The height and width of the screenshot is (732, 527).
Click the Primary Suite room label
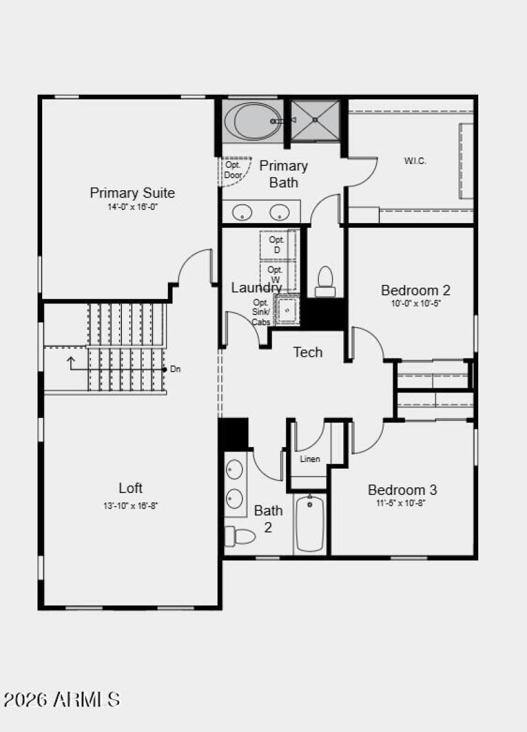click(132, 193)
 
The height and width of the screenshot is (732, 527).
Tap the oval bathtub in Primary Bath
click(251, 120)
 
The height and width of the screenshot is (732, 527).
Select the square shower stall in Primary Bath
click(316, 120)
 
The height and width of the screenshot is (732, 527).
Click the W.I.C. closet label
click(415, 161)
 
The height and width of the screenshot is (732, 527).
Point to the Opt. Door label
click(233, 170)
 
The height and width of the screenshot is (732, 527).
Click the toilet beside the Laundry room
click(325, 280)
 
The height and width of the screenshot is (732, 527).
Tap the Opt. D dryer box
click(277, 245)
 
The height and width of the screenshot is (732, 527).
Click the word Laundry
click(256, 288)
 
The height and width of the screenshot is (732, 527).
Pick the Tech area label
click(308, 352)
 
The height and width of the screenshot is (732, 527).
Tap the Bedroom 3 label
click(402, 490)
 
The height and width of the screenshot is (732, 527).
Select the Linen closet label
click(310, 459)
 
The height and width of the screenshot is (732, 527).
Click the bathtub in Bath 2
click(310, 523)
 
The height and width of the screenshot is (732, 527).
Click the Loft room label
click(130, 488)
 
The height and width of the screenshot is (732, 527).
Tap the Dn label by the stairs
click(175, 369)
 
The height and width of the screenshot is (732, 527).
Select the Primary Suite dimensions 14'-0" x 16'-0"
click(132, 207)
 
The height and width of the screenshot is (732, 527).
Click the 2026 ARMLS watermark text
click(61, 698)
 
